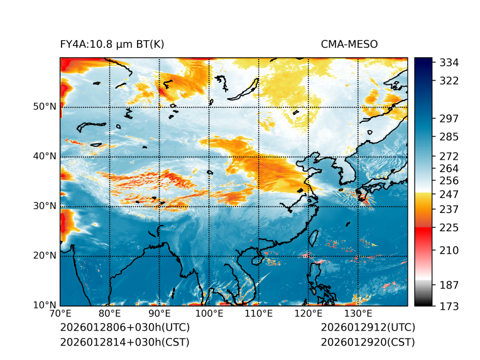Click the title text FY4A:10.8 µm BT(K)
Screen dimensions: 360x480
click(x=112, y=44)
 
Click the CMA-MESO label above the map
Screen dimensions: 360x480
click(x=349, y=44)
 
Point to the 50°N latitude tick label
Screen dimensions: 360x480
click(x=45, y=106)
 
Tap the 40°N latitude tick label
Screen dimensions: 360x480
click(x=45, y=156)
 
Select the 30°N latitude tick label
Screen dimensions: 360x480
click(x=45, y=205)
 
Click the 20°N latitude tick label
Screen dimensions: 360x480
click(x=45, y=255)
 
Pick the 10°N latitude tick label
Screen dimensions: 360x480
click(x=45, y=305)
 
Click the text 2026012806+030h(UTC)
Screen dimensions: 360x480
click(x=124, y=328)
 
